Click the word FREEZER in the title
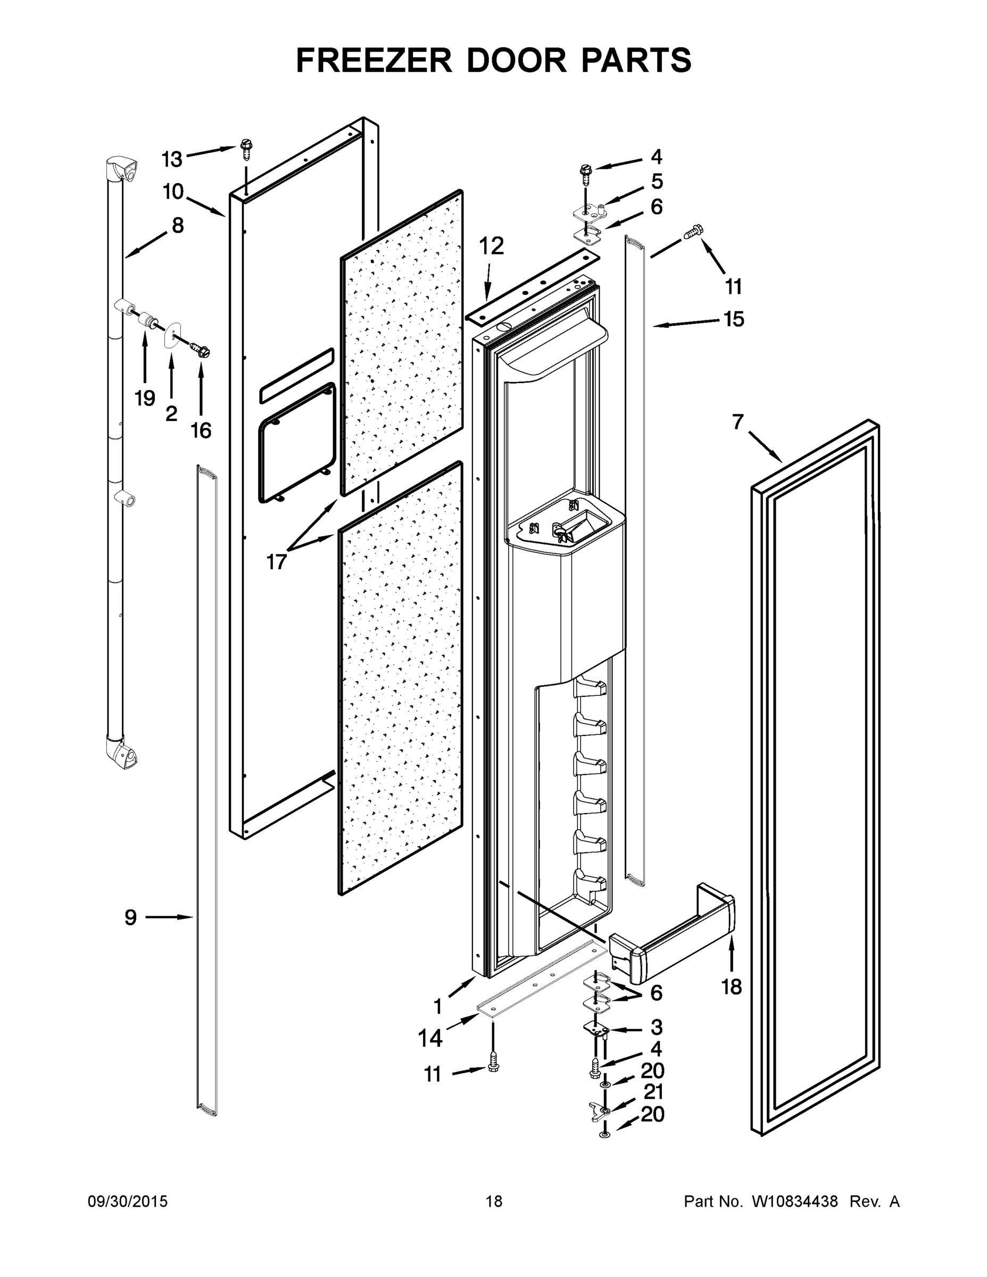(x=374, y=60)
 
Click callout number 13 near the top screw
(x=172, y=159)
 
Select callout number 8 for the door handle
(x=177, y=225)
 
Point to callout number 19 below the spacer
(x=144, y=398)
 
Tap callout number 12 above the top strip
(x=491, y=246)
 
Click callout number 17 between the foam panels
(x=276, y=562)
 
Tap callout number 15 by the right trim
(x=733, y=319)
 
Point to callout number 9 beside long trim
(x=130, y=917)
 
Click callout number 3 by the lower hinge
(x=656, y=1027)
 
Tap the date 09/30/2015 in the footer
(x=128, y=1201)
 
